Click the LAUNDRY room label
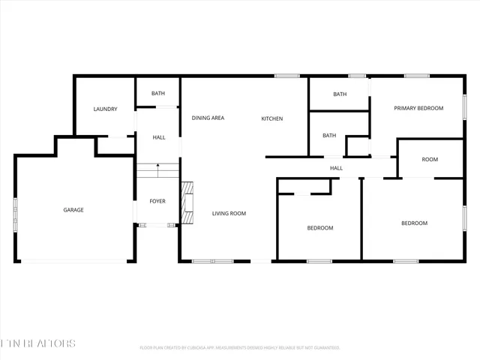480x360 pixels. pyautogui.click(x=105, y=109)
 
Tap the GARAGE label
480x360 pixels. pyautogui.click(x=73, y=210)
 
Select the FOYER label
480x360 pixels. pyautogui.click(x=157, y=201)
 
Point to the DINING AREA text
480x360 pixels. pyautogui.click(x=208, y=118)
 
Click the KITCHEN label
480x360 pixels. pyautogui.click(x=271, y=118)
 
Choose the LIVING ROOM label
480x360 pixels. pyautogui.click(x=228, y=214)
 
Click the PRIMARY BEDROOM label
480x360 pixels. pyautogui.click(x=418, y=108)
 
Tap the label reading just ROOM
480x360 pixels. pyautogui.click(x=430, y=159)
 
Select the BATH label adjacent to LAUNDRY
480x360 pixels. pyautogui.click(x=157, y=94)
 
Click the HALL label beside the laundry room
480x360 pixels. pyautogui.click(x=159, y=138)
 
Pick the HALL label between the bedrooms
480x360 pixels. pyautogui.click(x=336, y=168)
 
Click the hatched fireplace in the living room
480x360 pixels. pyautogui.click(x=187, y=202)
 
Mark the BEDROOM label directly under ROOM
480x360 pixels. pyautogui.click(x=414, y=223)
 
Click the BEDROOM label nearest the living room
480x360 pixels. pyautogui.click(x=320, y=228)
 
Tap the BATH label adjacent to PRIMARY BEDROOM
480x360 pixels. pyautogui.click(x=340, y=94)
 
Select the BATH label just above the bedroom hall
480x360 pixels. pyautogui.click(x=329, y=136)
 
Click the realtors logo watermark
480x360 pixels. pyautogui.click(x=37, y=343)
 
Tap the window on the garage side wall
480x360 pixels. pyautogui.click(x=15, y=210)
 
